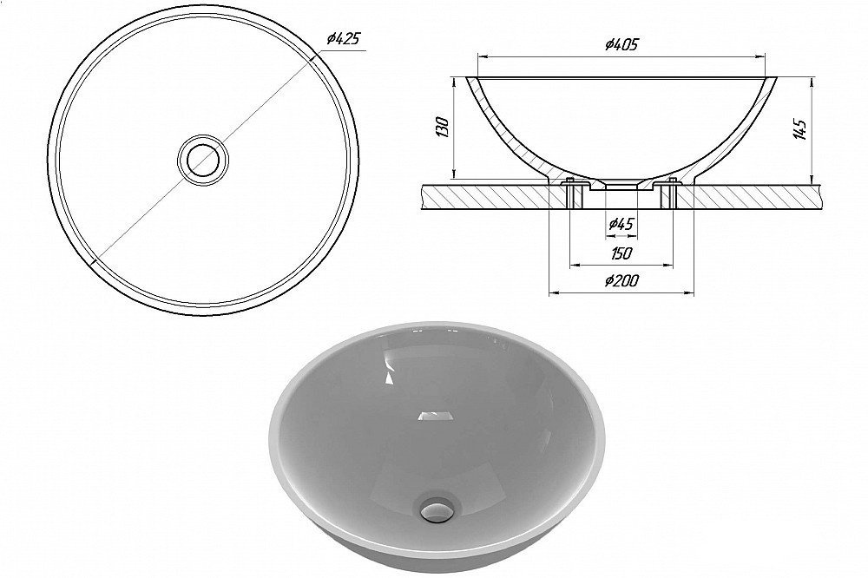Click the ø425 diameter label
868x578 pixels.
click(344, 39)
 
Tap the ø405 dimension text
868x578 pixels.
click(621, 44)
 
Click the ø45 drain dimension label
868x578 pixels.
click(621, 224)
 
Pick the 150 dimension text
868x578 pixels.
click(621, 253)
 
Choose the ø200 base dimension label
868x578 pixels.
click(621, 282)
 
